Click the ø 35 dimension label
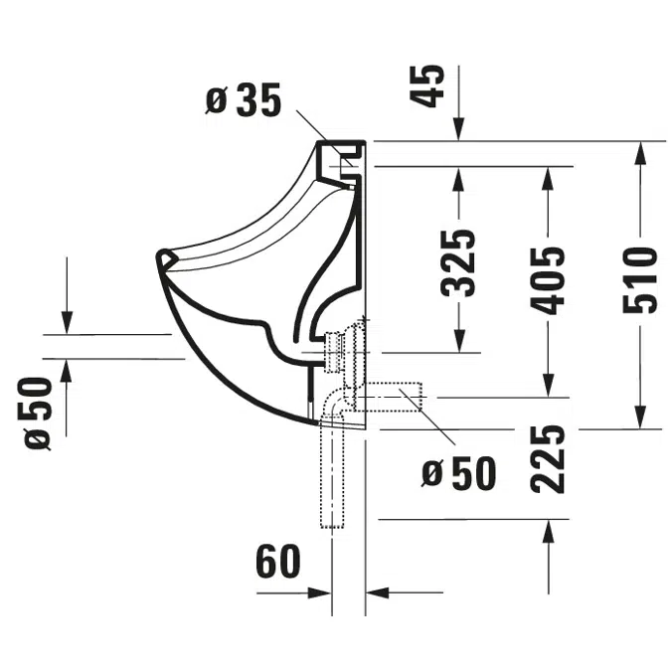245,100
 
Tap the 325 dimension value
458,263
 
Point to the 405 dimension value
546,279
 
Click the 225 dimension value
547,458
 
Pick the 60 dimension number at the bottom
278,564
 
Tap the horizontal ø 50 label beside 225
458,474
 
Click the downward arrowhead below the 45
458,130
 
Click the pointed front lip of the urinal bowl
163,258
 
